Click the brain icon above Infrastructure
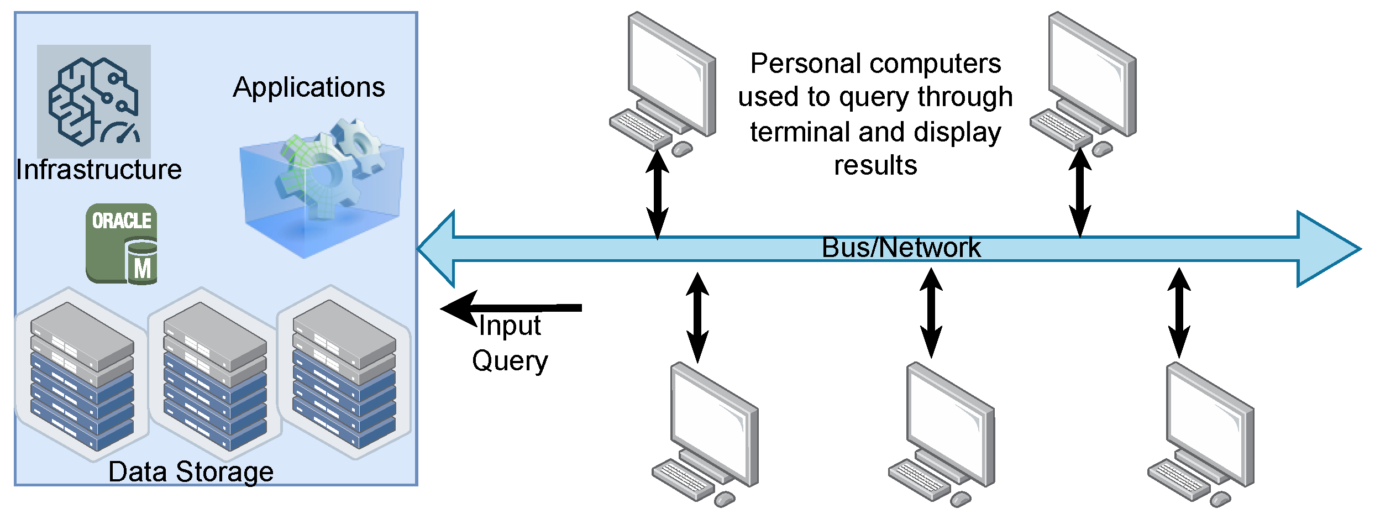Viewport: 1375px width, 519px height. [93, 101]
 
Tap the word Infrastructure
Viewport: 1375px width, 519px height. [98, 170]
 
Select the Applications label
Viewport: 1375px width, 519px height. [308, 87]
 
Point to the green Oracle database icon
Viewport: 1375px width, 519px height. [122, 243]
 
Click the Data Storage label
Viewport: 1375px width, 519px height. [191, 472]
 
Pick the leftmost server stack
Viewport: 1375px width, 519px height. [82, 376]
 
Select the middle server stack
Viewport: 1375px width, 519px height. [215, 376]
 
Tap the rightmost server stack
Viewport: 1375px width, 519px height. [344, 374]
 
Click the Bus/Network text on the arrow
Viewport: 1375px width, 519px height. [901, 248]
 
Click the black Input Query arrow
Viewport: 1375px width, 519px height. [511, 308]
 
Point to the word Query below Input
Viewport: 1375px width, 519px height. [510, 361]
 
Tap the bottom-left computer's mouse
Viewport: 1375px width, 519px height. [724, 499]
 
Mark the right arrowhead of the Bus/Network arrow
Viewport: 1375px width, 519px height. [1326, 249]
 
